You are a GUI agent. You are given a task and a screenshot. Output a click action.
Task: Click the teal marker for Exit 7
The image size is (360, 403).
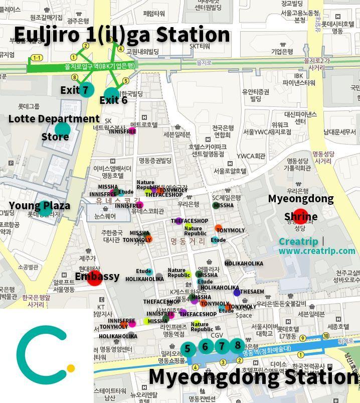pos(86,89)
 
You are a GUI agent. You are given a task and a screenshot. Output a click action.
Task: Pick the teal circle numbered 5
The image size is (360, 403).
pos(188,349)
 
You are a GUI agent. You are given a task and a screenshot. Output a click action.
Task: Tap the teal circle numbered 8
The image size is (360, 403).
pos(238,345)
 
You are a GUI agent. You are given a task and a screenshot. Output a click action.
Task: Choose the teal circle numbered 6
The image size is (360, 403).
pos(205,347)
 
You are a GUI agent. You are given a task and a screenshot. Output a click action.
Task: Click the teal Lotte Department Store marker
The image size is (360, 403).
pos(62,130)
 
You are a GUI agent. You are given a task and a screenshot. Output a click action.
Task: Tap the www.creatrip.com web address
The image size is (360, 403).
pos(316,251)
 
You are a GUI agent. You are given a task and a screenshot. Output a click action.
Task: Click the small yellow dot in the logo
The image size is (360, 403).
pos(71,368)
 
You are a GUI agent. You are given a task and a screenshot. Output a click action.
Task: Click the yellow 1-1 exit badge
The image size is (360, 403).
pos(37,58)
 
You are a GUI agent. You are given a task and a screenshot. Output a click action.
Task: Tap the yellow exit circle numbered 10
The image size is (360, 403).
pos(326,336)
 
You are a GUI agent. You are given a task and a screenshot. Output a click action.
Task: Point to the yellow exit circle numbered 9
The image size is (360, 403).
pos(302,338)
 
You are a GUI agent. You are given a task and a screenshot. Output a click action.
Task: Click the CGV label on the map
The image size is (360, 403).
pos(217,335)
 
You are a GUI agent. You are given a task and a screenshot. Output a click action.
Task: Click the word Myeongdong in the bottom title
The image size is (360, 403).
pos(214,377)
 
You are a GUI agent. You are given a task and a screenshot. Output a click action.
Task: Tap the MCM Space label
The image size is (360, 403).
pos(244,312)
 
